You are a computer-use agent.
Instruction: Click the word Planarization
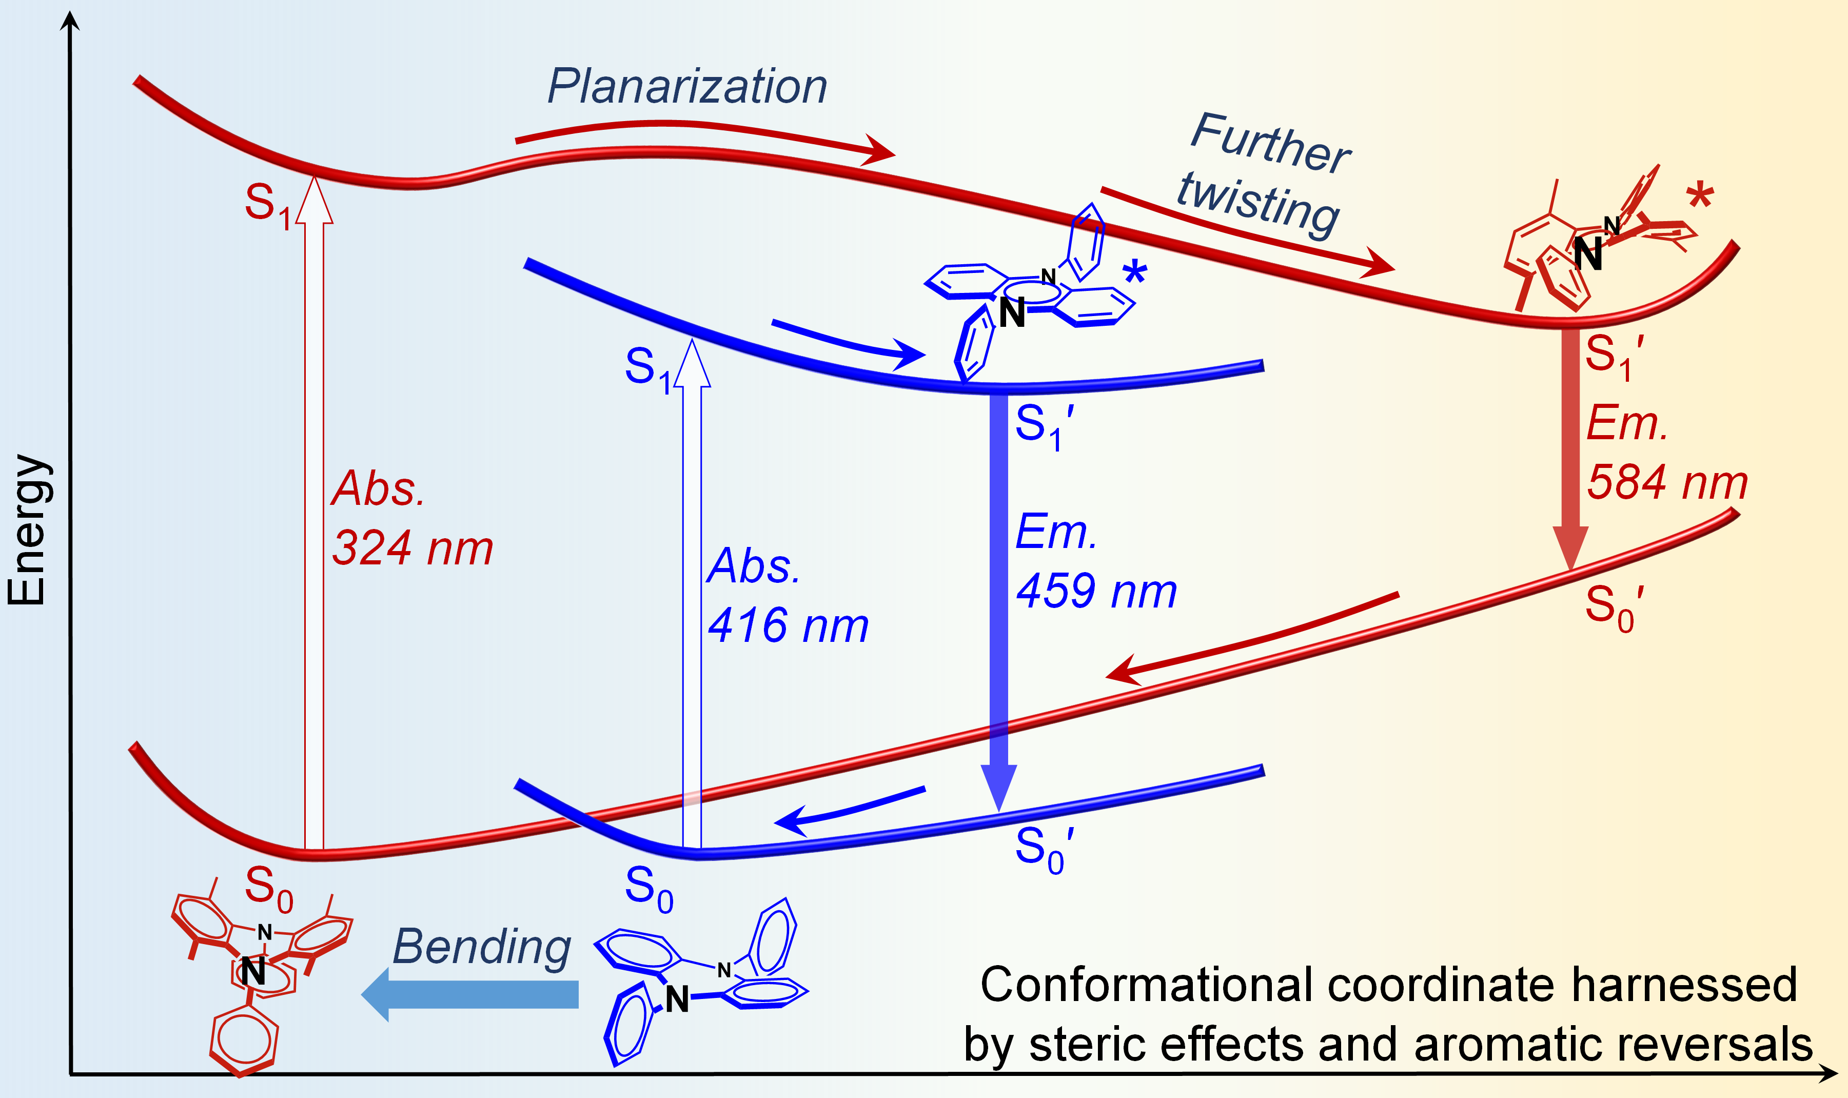(686, 87)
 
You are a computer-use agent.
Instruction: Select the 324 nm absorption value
(412, 549)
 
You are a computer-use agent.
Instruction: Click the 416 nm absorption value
(787, 626)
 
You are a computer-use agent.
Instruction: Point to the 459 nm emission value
(1096, 592)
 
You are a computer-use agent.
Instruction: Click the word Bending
(482, 947)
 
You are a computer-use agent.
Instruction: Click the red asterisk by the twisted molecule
(1700, 198)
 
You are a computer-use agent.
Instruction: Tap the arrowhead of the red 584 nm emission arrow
(1570, 547)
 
